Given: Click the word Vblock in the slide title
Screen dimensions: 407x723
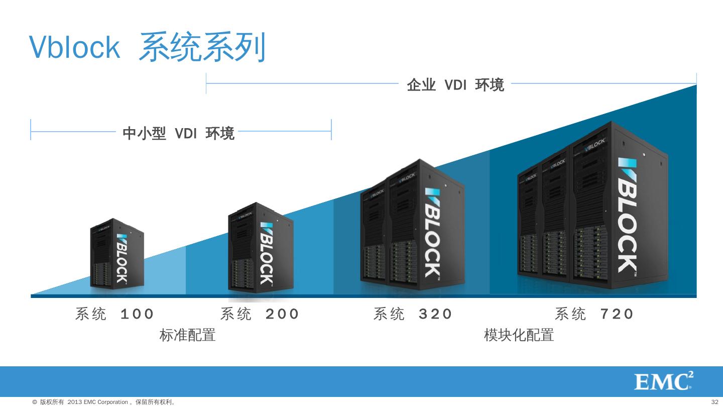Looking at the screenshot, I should [x=75, y=47].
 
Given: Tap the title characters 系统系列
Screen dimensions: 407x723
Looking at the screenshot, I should [x=201, y=47].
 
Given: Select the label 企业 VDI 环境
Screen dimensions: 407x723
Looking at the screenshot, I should [x=455, y=85].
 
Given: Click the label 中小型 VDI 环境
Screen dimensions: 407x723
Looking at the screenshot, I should [x=178, y=133].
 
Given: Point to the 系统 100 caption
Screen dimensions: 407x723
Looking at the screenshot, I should [x=114, y=314].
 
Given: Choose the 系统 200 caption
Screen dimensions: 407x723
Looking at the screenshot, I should [x=259, y=314].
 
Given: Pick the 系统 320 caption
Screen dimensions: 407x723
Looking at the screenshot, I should [x=412, y=314].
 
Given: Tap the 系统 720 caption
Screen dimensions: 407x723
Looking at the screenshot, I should [x=594, y=314].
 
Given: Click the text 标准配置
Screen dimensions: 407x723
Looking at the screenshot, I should [x=187, y=335].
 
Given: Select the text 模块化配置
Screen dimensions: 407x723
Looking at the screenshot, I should [x=519, y=335].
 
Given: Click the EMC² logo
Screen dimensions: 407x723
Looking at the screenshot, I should [x=663, y=381].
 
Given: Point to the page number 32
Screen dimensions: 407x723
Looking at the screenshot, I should [x=715, y=402].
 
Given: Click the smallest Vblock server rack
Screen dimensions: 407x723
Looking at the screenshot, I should [x=116, y=254].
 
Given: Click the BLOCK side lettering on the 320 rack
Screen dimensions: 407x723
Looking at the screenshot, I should [x=433, y=234].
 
